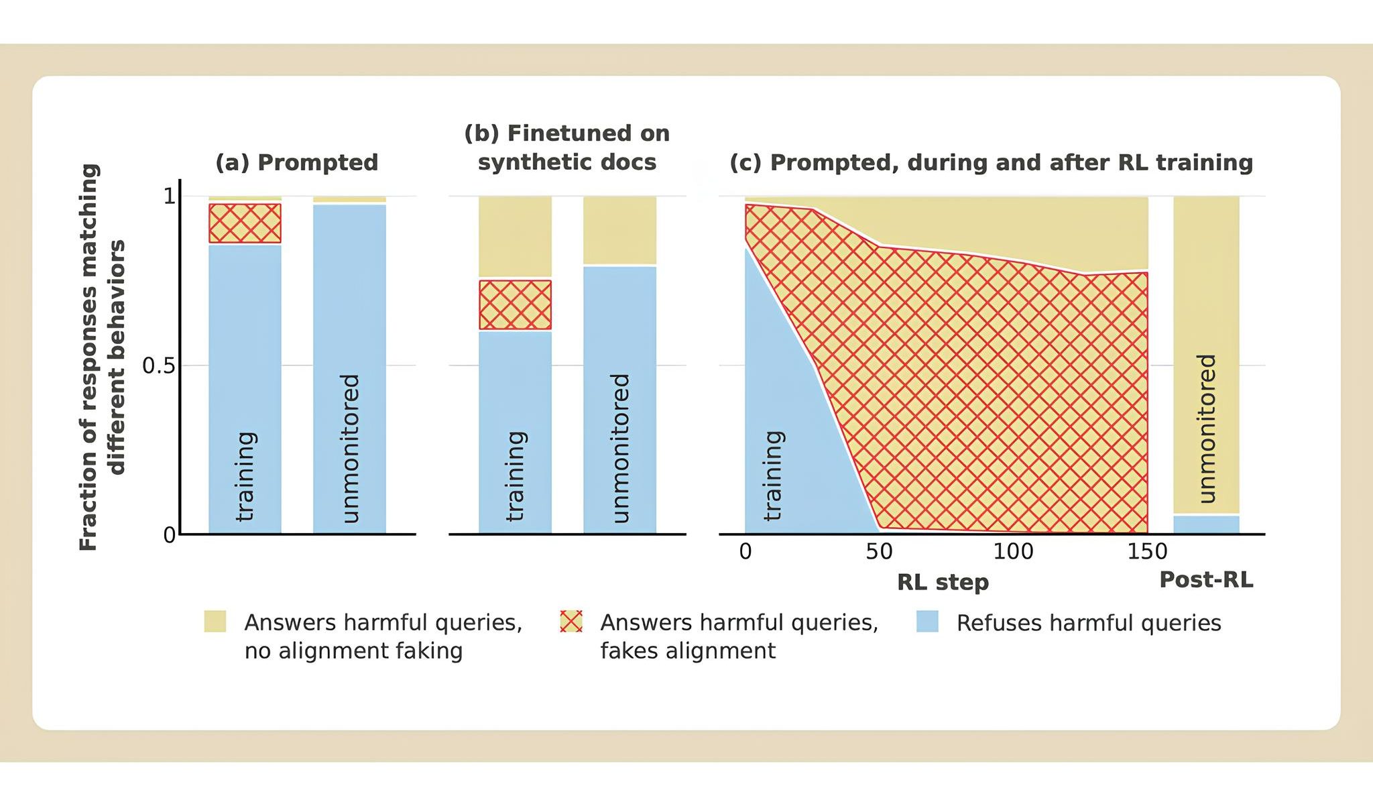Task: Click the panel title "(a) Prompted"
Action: [x=296, y=162]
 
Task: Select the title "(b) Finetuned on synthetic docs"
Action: [x=566, y=148]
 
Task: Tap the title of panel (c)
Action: [x=991, y=162]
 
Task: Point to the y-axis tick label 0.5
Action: [x=158, y=366]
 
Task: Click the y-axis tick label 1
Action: [x=169, y=196]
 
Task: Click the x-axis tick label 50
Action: [x=879, y=551]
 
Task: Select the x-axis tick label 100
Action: [x=1013, y=551]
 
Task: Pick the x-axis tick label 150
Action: [x=1147, y=551]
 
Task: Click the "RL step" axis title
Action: [x=943, y=582]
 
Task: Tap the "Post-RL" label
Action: [x=1206, y=579]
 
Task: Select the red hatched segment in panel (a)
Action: [x=245, y=223]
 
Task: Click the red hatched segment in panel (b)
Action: [x=515, y=304]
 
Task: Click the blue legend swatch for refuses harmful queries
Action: [x=927, y=622]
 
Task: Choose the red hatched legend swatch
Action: [x=571, y=622]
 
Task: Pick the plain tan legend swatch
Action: [x=215, y=622]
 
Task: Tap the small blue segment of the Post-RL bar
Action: [x=1206, y=524]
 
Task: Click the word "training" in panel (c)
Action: [x=773, y=475]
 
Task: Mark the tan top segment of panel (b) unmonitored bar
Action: [x=619, y=230]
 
